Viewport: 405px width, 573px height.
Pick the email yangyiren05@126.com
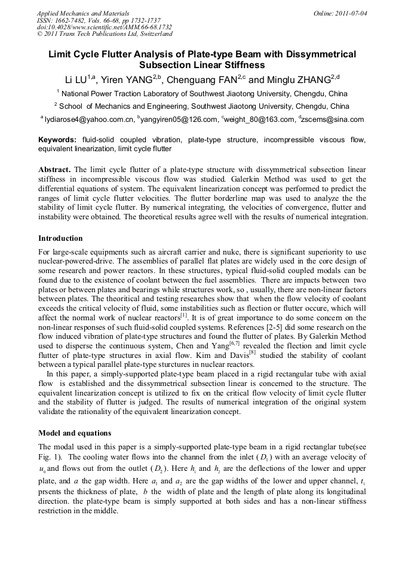[x=180, y=119]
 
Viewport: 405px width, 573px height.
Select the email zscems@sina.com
[x=334, y=119]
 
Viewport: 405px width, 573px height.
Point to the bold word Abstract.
[x=55, y=169]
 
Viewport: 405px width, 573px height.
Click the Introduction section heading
[x=60, y=238]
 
